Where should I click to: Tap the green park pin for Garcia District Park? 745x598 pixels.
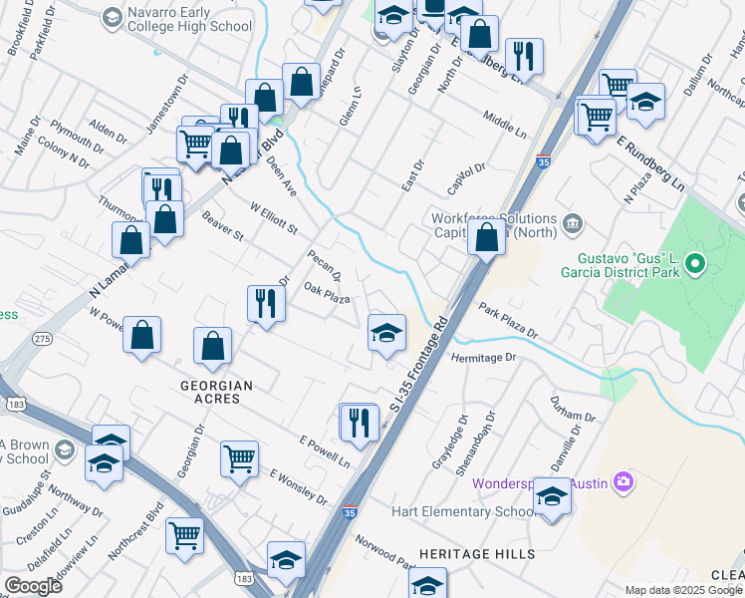coord(696,265)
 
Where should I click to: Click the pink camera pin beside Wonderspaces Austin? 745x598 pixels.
coord(623,483)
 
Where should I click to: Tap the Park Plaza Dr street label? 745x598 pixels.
coord(507,321)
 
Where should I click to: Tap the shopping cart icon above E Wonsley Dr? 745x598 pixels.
coord(239,459)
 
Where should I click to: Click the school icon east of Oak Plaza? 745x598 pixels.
coord(386,332)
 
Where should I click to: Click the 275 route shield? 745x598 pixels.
coord(42,340)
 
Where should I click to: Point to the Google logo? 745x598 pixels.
coord(33,585)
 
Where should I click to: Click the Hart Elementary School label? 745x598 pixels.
coord(473,512)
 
